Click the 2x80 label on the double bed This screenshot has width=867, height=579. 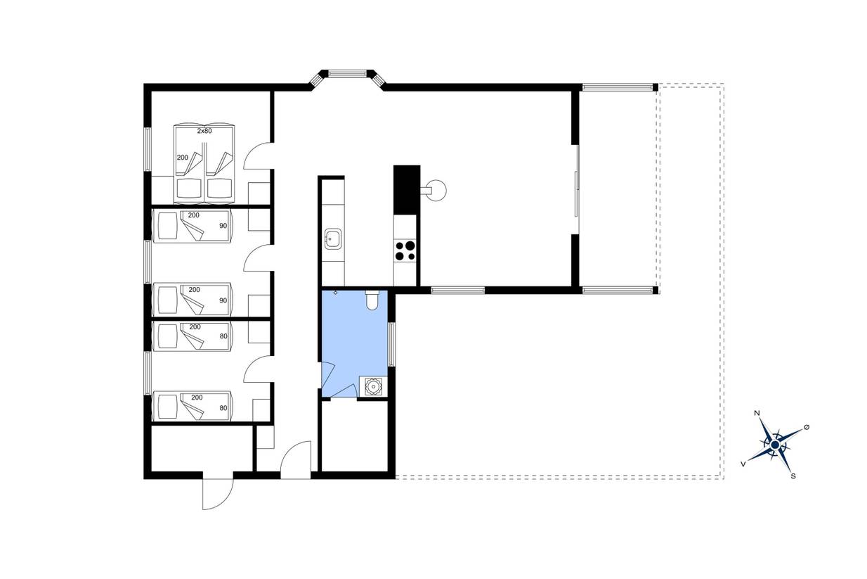(204, 131)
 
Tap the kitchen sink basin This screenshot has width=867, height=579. (333, 238)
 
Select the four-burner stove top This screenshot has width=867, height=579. (405, 250)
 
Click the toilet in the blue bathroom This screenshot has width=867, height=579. (372, 300)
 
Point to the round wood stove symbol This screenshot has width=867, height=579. (436, 190)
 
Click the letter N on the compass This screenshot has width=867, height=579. (757, 413)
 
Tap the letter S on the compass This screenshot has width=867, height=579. (793, 476)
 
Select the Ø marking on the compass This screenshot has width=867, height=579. (807, 427)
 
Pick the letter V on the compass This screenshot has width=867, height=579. (743, 464)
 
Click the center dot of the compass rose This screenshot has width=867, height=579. (775, 445)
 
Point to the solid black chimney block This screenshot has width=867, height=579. (407, 190)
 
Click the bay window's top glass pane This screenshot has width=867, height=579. (347, 73)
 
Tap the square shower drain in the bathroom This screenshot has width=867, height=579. (373, 386)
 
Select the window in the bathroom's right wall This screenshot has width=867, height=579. (392, 344)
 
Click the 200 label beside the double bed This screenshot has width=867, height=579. (182, 158)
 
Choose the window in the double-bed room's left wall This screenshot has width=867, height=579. (148, 149)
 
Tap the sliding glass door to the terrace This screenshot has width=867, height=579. (576, 189)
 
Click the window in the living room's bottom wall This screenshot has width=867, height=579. (458, 291)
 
